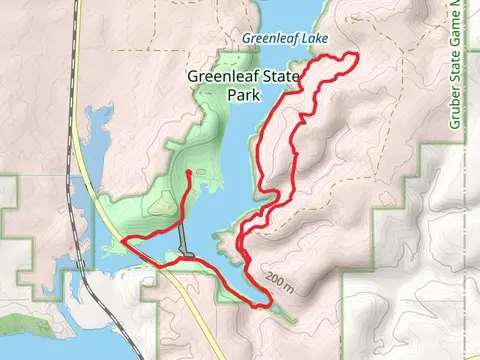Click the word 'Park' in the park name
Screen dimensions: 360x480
[244, 96]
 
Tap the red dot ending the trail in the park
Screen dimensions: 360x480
[189, 173]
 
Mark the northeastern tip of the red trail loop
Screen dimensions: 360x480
[355, 54]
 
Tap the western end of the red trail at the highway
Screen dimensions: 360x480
[122, 240]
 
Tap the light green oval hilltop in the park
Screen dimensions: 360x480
[160, 206]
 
